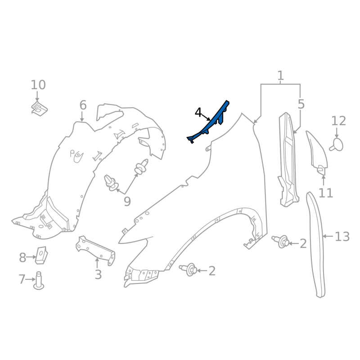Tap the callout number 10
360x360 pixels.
pyautogui.click(x=38, y=85)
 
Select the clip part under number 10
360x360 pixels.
pyautogui.click(x=39, y=108)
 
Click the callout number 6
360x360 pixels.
pyautogui.click(x=83, y=105)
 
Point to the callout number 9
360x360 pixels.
pyautogui.click(x=127, y=201)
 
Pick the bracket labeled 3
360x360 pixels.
pyautogui.click(x=95, y=250)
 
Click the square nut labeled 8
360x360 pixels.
pyautogui.click(x=41, y=255)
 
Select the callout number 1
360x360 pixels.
pyautogui.click(x=280, y=76)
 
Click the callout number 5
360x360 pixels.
pyautogui.click(x=301, y=104)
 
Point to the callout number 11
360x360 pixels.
pyautogui.click(x=326, y=193)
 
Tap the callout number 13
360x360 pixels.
pyautogui.click(x=342, y=237)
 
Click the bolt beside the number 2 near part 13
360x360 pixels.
pyautogui.click(x=280, y=241)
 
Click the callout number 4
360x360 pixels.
pyautogui.click(x=198, y=113)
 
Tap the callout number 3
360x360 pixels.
pyautogui.click(x=98, y=274)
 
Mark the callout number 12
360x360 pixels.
pyautogui.click(x=339, y=121)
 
